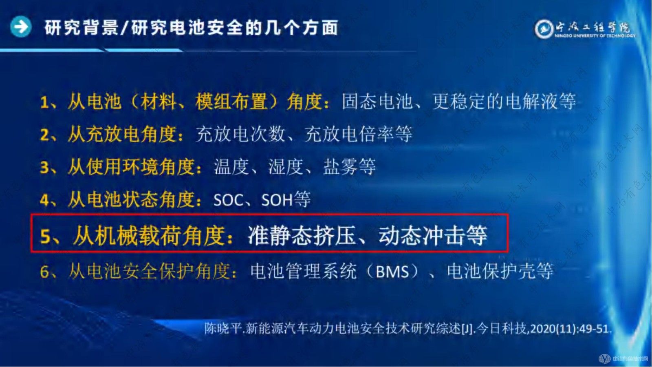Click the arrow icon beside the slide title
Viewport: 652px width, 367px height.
tap(20, 27)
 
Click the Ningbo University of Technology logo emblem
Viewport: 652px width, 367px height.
tap(543, 29)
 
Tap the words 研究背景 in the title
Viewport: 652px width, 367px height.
tap(81, 28)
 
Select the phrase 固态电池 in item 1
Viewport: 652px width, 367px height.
tap(377, 102)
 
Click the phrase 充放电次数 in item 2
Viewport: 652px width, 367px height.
tap(240, 134)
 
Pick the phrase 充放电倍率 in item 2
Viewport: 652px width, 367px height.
tap(349, 134)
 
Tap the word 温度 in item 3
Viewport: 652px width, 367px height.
tap(231, 167)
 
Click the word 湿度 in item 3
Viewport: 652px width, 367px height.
tap(286, 167)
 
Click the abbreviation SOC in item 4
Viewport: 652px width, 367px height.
tap(228, 200)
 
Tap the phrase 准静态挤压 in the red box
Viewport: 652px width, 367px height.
tap(302, 235)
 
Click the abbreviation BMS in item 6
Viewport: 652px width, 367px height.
tap(392, 272)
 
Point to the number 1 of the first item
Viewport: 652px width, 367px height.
tap(44, 102)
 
